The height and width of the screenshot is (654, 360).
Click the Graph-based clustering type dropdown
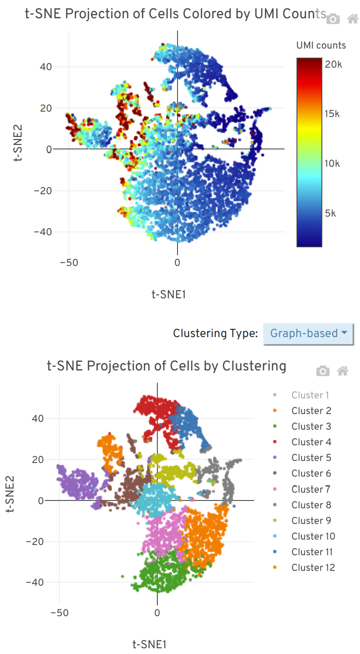(x=308, y=333)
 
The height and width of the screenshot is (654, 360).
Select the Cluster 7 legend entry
(x=310, y=489)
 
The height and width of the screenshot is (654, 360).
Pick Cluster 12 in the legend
(x=313, y=568)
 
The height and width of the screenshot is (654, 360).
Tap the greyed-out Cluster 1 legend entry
(x=310, y=395)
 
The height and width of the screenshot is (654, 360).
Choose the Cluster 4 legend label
(x=311, y=442)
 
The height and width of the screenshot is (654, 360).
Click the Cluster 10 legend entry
(x=313, y=536)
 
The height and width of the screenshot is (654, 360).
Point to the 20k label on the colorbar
(x=333, y=64)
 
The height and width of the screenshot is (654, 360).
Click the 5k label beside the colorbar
(x=330, y=213)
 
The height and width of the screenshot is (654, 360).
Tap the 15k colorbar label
(x=332, y=114)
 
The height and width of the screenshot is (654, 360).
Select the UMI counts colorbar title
(x=321, y=45)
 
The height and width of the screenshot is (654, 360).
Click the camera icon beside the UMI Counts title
(x=333, y=19)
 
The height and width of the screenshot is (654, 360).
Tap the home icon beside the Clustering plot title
(x=343, y=371)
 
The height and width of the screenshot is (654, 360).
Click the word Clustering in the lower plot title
(x=254, y=366)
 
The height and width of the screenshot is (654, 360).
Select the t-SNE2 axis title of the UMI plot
(x=18, y=143)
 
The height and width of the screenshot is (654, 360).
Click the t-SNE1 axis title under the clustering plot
(x=149, y=644)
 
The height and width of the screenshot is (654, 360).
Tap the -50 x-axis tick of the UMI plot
(x=69, y=263)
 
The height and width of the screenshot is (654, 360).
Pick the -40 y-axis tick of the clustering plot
(x=35, y=583)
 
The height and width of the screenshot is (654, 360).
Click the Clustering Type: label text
(x=215, y=333)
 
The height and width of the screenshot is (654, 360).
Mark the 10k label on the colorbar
(x=332, y=164)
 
